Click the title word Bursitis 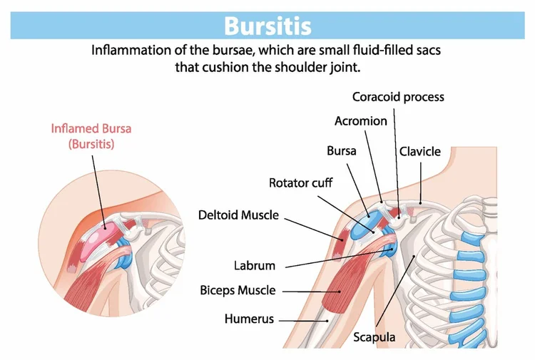tap(267, 26)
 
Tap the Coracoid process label tap(398, 97)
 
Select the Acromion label tap(361, 121)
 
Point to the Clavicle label tap(420, 152)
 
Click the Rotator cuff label tap(300, 183)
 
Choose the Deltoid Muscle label tap(238, 215)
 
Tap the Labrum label tap(254, 266)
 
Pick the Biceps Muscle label tap(238, 291)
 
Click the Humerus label tap(249, 319)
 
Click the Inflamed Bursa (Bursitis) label tap(91, 136)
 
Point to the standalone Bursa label tap(341, 152)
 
